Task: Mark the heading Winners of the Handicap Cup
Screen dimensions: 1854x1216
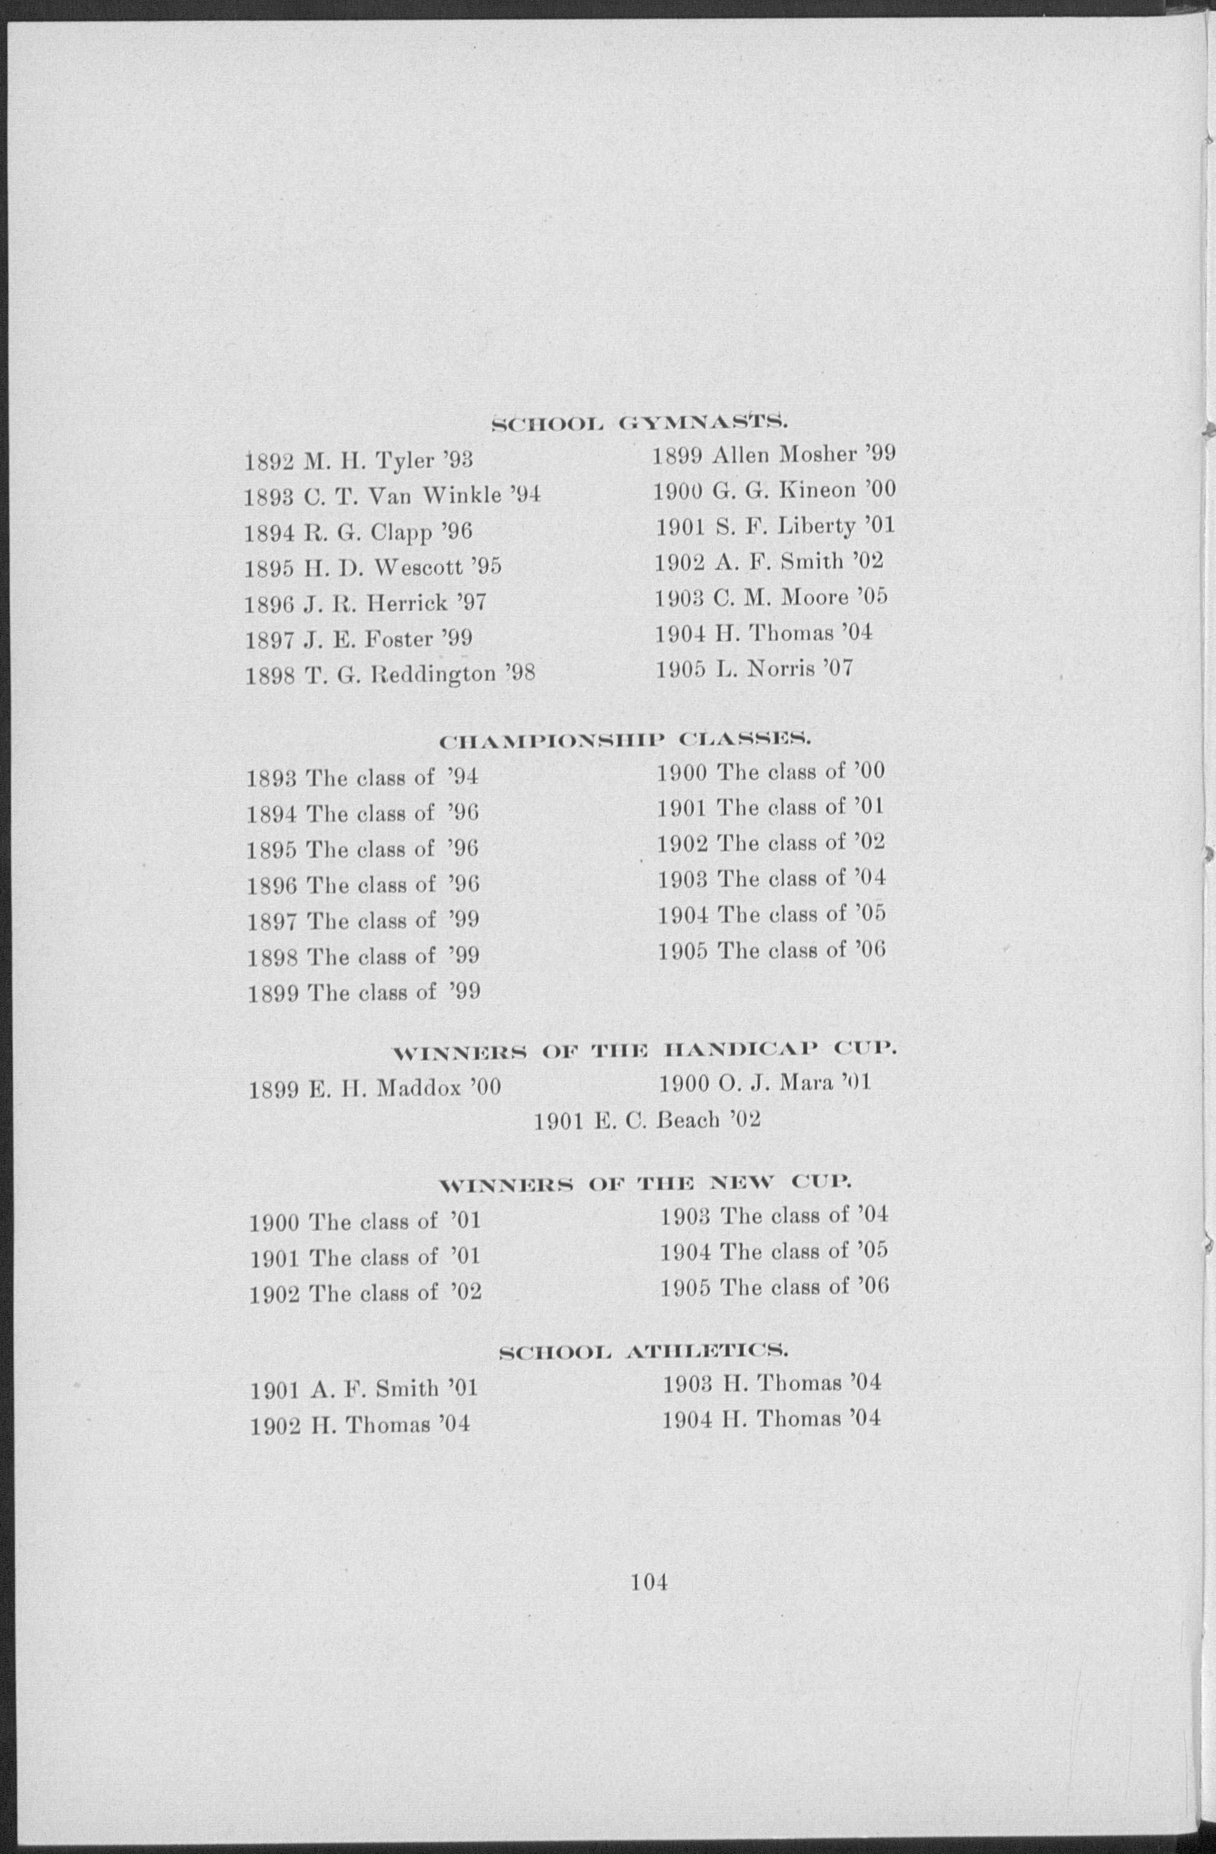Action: point(644,1051)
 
